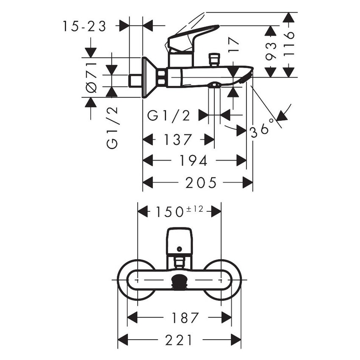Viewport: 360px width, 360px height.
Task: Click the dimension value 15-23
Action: pos(84,26)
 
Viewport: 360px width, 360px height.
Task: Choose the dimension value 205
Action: pos(201,183)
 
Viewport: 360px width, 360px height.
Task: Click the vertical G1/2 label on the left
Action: pos(112,127)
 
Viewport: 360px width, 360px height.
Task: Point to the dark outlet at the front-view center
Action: pos(180,281)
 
